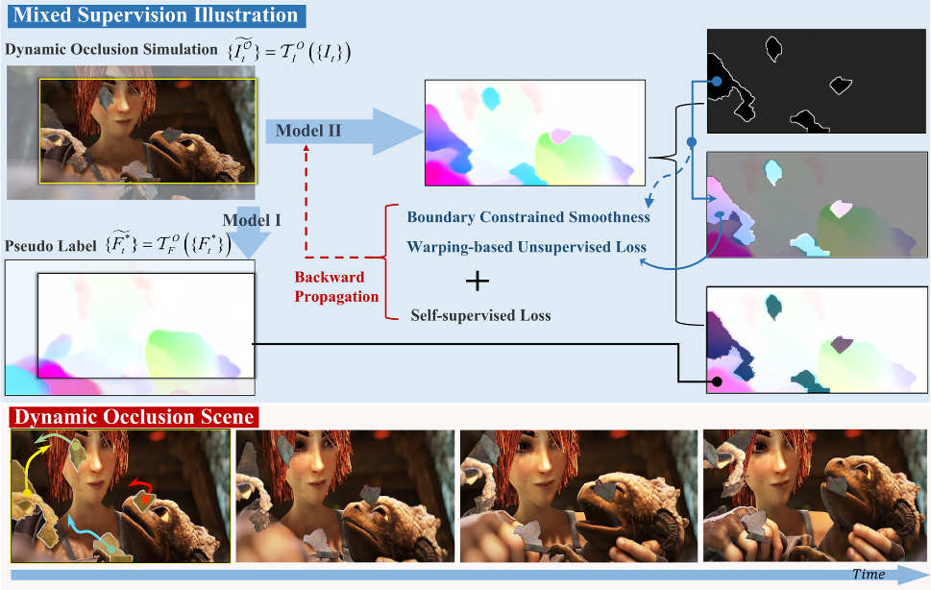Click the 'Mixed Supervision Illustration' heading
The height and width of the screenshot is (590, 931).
(157, 15)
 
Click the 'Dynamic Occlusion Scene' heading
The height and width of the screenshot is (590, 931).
(134, 417)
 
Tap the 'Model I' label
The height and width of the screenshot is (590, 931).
(251, 220)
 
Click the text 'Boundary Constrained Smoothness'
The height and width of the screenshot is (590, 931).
(528, 217)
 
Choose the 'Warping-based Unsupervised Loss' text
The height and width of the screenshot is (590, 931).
(527, 247)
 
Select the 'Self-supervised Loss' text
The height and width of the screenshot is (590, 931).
(480, 315)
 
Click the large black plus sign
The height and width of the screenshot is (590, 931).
(477, 282)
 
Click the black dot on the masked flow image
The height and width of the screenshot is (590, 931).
(716, 381)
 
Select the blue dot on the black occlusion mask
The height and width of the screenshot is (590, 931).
(716, 83)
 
